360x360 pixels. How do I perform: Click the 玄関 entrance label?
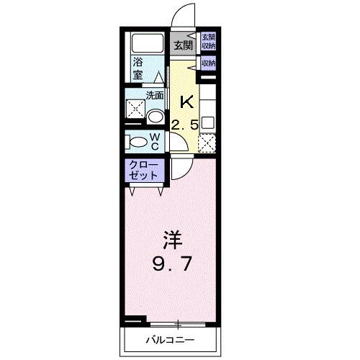[x=184, y=45]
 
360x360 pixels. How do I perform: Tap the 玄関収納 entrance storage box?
[x=208, y=40]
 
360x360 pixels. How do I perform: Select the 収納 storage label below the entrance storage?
[x=208, y=63]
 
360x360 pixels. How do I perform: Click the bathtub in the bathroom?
[x=147, y=44]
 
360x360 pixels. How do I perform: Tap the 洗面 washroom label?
[x=155, y=94]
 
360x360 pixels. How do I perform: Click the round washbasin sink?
[x=155, y=115]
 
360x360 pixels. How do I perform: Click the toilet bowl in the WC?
[x=133, y=140]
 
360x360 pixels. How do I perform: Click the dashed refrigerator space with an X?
[x=208, y=143]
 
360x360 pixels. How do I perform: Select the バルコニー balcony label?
[x=172, y=338]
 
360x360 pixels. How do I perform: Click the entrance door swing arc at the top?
[x=186, y=16]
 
